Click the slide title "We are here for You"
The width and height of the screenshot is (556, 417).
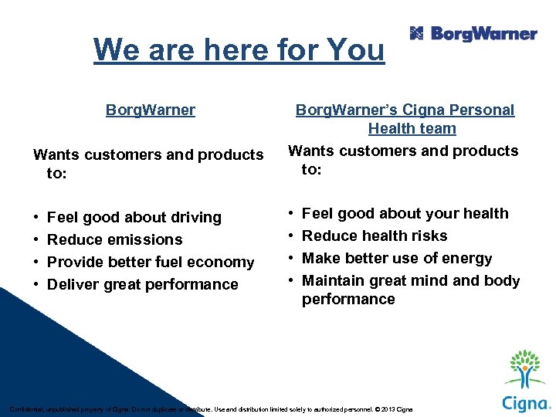click(239, 50)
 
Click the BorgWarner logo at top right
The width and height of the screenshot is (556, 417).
click(473, 33)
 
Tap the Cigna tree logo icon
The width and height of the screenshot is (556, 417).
click(525, 369)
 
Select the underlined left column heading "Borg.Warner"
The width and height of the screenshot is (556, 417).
click(151, 110)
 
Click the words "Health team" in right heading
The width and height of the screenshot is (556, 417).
click(412, 128)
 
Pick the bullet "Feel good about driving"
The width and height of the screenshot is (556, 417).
click(134, 217)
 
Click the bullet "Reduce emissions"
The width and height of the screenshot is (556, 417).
click(115, 239)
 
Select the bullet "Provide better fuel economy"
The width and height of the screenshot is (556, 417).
click(151, 262)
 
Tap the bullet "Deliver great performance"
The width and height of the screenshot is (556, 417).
click(143, 284)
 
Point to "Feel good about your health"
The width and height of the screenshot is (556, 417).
click(405, 213)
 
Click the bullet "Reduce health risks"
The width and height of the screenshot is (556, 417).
click(375, 236)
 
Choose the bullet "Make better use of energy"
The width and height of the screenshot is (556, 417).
click(397, 258)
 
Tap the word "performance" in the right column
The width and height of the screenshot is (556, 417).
click(348, 299)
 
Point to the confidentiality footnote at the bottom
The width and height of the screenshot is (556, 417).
click(210, 409)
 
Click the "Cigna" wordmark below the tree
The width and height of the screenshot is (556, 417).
click(524, 403)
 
